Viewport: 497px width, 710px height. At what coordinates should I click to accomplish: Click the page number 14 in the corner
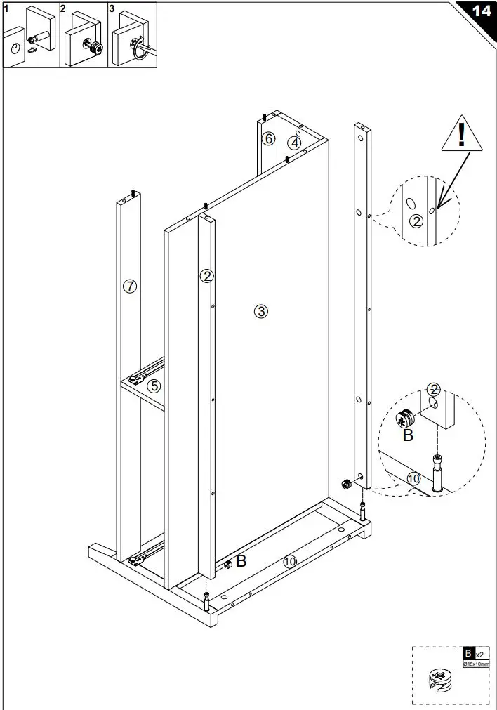(x=481, y=11)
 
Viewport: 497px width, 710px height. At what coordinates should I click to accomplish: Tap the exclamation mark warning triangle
(x=462, y=135)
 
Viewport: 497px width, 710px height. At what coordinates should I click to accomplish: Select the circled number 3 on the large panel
(x=261, y=311)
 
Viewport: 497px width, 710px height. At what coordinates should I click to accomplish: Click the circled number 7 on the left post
(x=129, y=286)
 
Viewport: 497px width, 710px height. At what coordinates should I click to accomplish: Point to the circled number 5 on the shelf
(x=154, y=385)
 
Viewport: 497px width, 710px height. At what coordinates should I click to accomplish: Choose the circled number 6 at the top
(x=268, y=138)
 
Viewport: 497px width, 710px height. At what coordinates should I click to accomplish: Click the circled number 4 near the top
(x=295, y=143)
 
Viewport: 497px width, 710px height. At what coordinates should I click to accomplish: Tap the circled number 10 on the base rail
(x=290, y=561)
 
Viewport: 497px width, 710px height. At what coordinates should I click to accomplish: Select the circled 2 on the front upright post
(x=206, y=276)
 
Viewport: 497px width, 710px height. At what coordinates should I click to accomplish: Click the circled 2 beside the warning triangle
(x=416, y=221)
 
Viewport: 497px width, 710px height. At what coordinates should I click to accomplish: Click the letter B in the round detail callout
(x=408, y=435)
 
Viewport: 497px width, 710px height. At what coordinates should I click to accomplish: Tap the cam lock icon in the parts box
(x=437, y=680)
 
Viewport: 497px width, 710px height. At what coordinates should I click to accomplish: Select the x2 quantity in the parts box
(x=479, y=654)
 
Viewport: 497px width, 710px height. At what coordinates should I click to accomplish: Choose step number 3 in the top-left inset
(x=112, y=8)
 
